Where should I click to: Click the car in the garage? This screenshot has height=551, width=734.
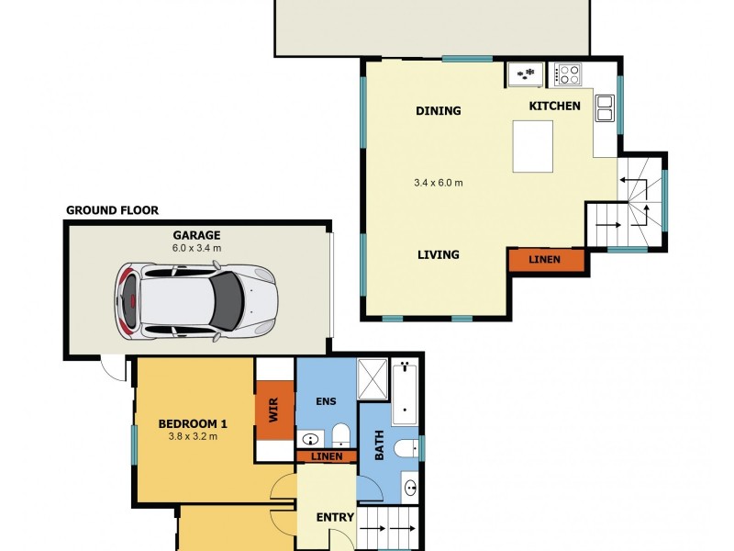point(196,301)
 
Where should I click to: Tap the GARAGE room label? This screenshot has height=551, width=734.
point(196,235)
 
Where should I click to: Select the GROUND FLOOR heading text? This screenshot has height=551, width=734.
point(112,210)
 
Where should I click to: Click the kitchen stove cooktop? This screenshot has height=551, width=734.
point(567,74)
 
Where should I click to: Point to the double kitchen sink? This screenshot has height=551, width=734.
point(605,108)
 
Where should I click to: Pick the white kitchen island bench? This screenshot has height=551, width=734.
point(533,147)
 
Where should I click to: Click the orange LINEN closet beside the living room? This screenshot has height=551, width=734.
point(546,259)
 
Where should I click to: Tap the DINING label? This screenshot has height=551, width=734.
point(439,111)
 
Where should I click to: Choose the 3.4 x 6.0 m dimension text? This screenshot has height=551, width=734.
point(439,183)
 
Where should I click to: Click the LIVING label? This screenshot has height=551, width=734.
point(439,255)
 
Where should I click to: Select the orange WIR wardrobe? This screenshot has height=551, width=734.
point(274,410)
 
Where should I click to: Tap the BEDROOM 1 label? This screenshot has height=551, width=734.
point(193,424)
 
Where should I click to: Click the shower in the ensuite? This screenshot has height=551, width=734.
point(373,379)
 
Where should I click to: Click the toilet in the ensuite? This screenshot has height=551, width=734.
point(340,435)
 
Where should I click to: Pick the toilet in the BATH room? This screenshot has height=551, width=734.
point(406,448)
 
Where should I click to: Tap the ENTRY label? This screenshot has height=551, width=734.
point(335,517)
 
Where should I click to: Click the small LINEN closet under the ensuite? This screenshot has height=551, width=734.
point(327,456)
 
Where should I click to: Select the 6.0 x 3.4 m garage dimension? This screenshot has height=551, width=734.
point(196,248)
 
